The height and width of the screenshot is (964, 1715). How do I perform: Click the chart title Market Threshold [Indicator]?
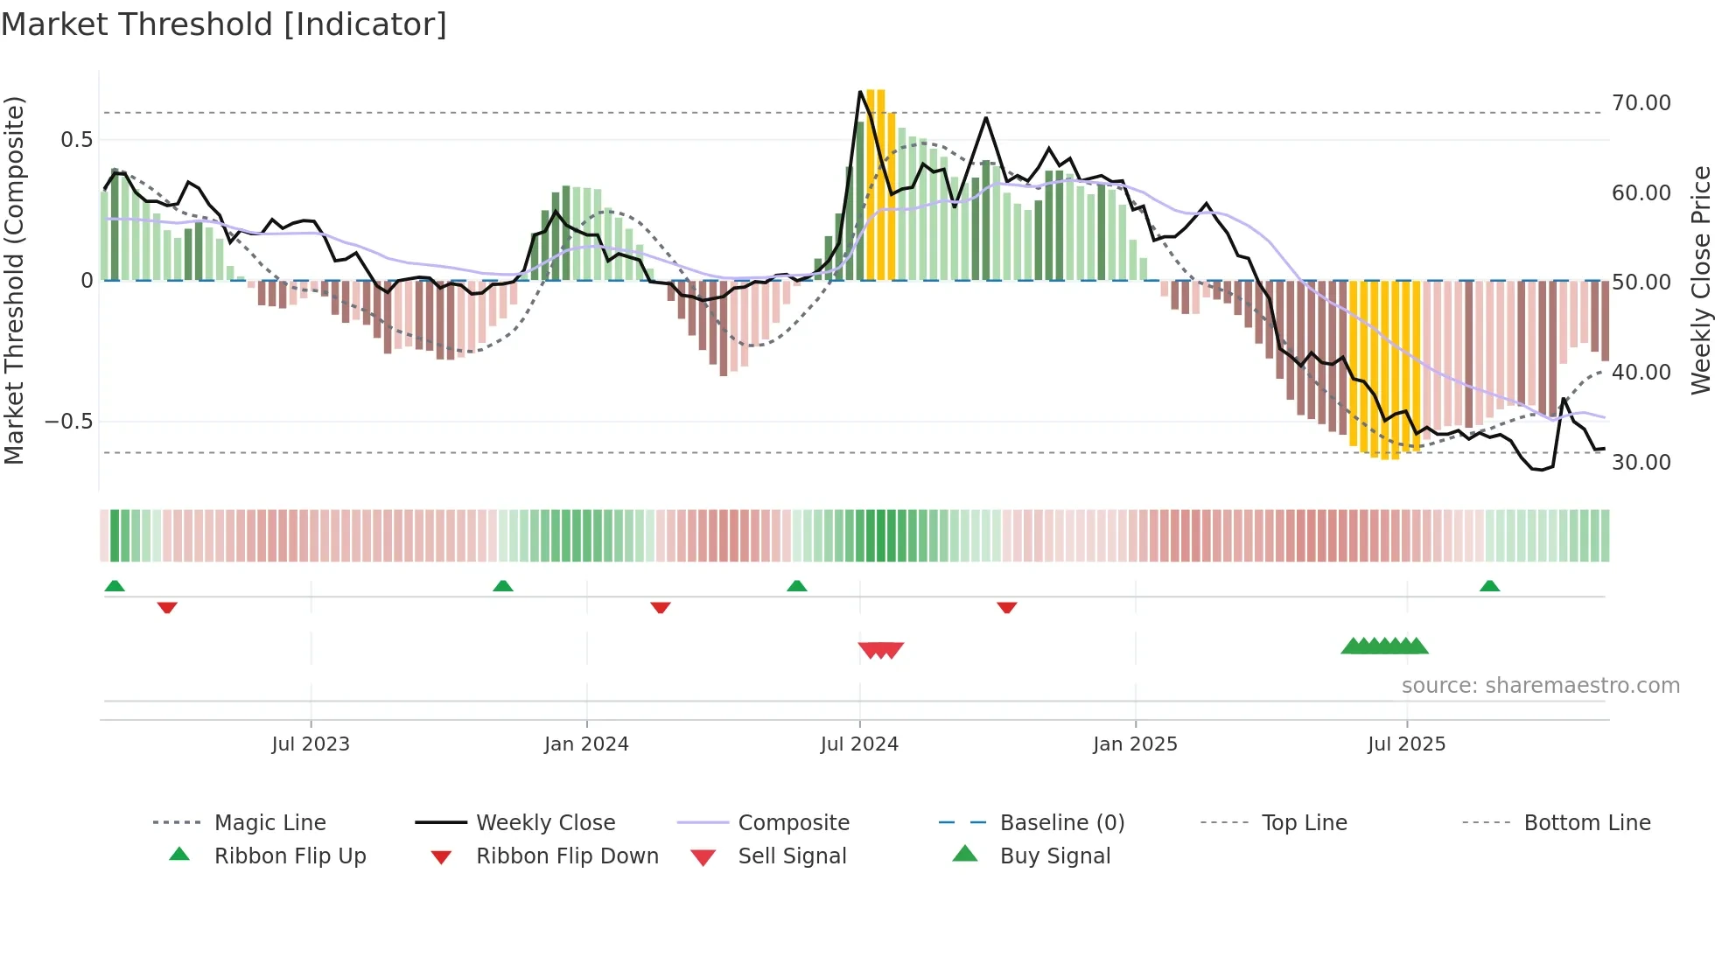pyautogui.click(x=224, y=24)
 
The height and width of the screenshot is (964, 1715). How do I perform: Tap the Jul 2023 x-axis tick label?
pyautogui.click(x=310, y=744)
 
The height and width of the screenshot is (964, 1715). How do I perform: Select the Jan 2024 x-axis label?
pyautogui.click(x=586, y=744)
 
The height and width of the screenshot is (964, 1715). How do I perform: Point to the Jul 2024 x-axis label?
pyautogui.click(x=859, y=744)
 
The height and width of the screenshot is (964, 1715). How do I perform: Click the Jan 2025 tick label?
pyautogui.click(x=1135, y=744)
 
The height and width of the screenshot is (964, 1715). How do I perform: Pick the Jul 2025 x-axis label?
pyautogui.click(x=1406, y=744)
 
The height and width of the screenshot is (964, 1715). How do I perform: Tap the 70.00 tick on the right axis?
pyautogui.click(x=1641, y=103)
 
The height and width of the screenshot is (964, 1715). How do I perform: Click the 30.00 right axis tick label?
pyautogui.click(x=1641, y=462)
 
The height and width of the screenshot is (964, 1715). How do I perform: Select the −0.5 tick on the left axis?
pyautogui.click(x=68, y=422)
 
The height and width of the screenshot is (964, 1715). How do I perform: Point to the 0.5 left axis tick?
pyautogui.click(x=76, y=140)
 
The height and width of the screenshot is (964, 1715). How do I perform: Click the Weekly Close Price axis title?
pyautogui.click(x=1700, y=280)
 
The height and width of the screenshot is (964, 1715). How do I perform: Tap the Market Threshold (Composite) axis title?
pyautogui.click(x=14, y=280)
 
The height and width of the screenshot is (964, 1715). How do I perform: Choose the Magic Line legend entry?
pyautogui.click(x=269, y=823)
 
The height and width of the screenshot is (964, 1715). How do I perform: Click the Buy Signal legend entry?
pyautogui.click(x=1054, y=856)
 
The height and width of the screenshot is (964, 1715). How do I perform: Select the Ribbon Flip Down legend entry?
pyautogui.click(x=566, y=856)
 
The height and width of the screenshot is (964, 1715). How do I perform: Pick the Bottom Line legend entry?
pyautogui.click(x=1586, y=823)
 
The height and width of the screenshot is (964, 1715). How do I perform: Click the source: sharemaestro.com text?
pyautogui.click(x=1540, y=686)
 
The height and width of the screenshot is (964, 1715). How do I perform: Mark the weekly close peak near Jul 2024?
pyautogui.click(x=861, y=92)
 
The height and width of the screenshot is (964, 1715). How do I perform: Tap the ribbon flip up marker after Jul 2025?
pyautogui.click(x=1489, y=586)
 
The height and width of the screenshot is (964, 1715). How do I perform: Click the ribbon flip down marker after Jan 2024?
pyautogui.click(x=661, y=607)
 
